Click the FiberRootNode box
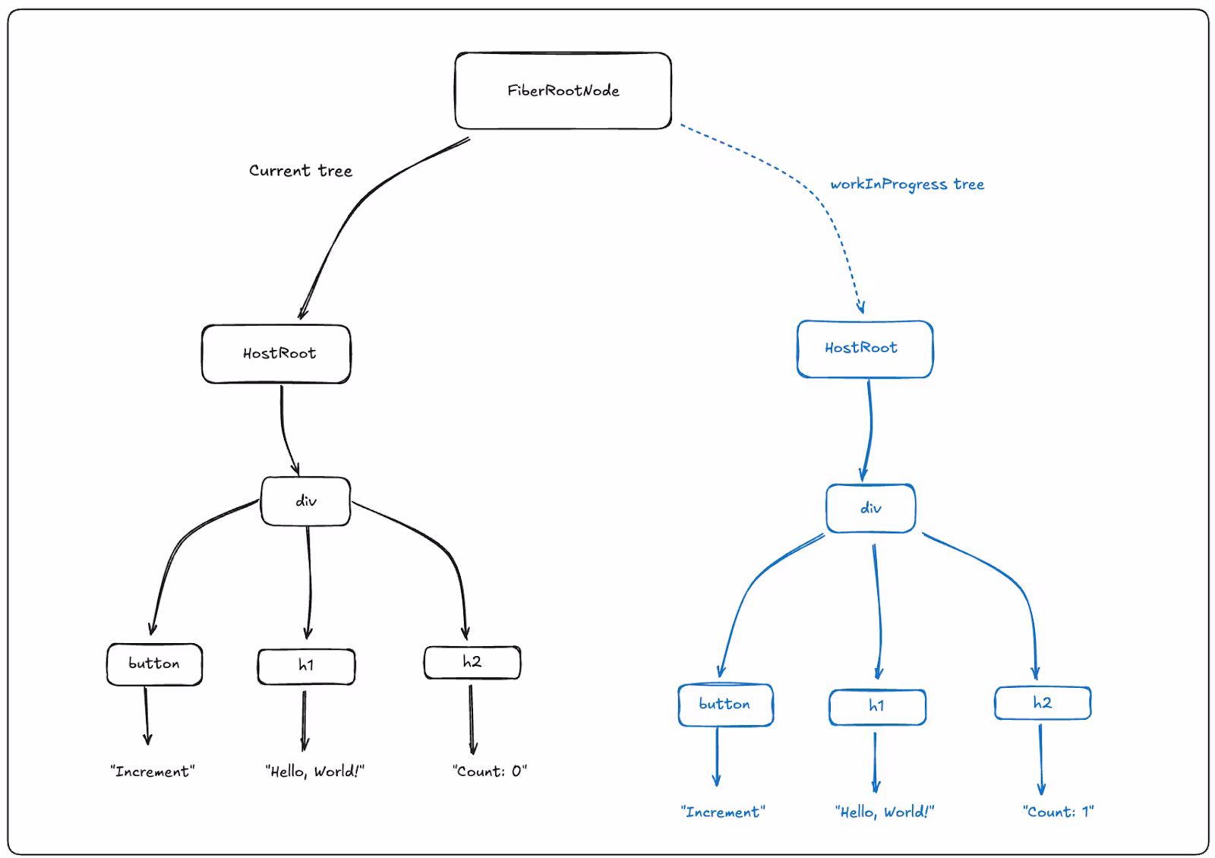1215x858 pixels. click(x=563, y=90)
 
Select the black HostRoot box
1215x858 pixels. click(x=276, y=354)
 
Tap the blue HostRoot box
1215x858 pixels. click(x=865, y=349)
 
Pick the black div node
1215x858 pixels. click(x=305, y=501)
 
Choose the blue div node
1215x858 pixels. click(x=870, y=508)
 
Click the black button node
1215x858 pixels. click(x=155, y=664)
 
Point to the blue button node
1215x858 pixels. click(x=726, y=705)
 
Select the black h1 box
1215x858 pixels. click(x=307, y=666)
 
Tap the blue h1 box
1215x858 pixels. click(x=877, y=707)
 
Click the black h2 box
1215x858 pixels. click(x=472, y=662)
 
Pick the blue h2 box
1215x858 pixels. click(x=1043, y=703)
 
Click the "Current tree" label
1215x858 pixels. click(x=301, y=171)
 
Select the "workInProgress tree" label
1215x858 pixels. click(x=907, y=185)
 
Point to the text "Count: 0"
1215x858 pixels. click(x=490, y=771)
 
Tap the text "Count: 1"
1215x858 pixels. click(x=1059, y=812)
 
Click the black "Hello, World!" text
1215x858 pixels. click(x=314, y=771)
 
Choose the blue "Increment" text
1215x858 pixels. click(x=723, y=812)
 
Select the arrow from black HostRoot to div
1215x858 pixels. click(x=284, y=431)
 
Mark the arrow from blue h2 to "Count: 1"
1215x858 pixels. click(x=1040, y=759)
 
